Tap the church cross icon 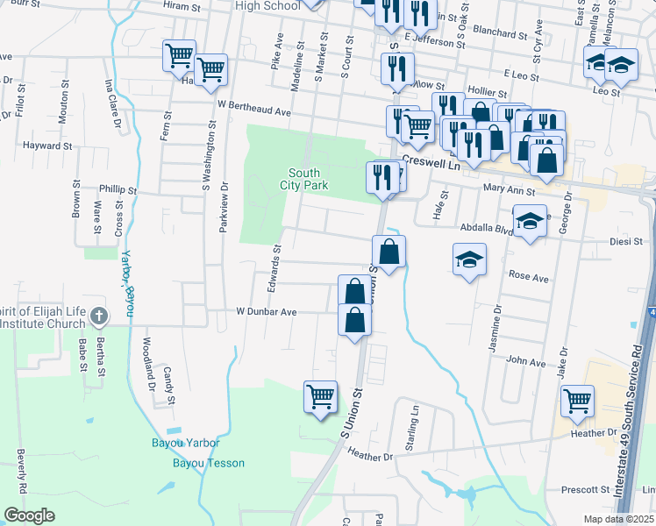(x=100, y=315)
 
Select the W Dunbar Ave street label (x=267, y=311)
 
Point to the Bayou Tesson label (x=208, y=463)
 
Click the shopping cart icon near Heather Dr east (x=578, y=401)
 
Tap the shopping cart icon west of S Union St (x=320, y=395)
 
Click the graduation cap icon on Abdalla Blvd (x=530, y=222)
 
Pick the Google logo (x=29, y=515)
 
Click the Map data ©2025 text (x=618, y=519)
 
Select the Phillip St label (x=118, y=189)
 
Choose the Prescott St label (x=585, y=488)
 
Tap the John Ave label (x=526, y=361)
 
